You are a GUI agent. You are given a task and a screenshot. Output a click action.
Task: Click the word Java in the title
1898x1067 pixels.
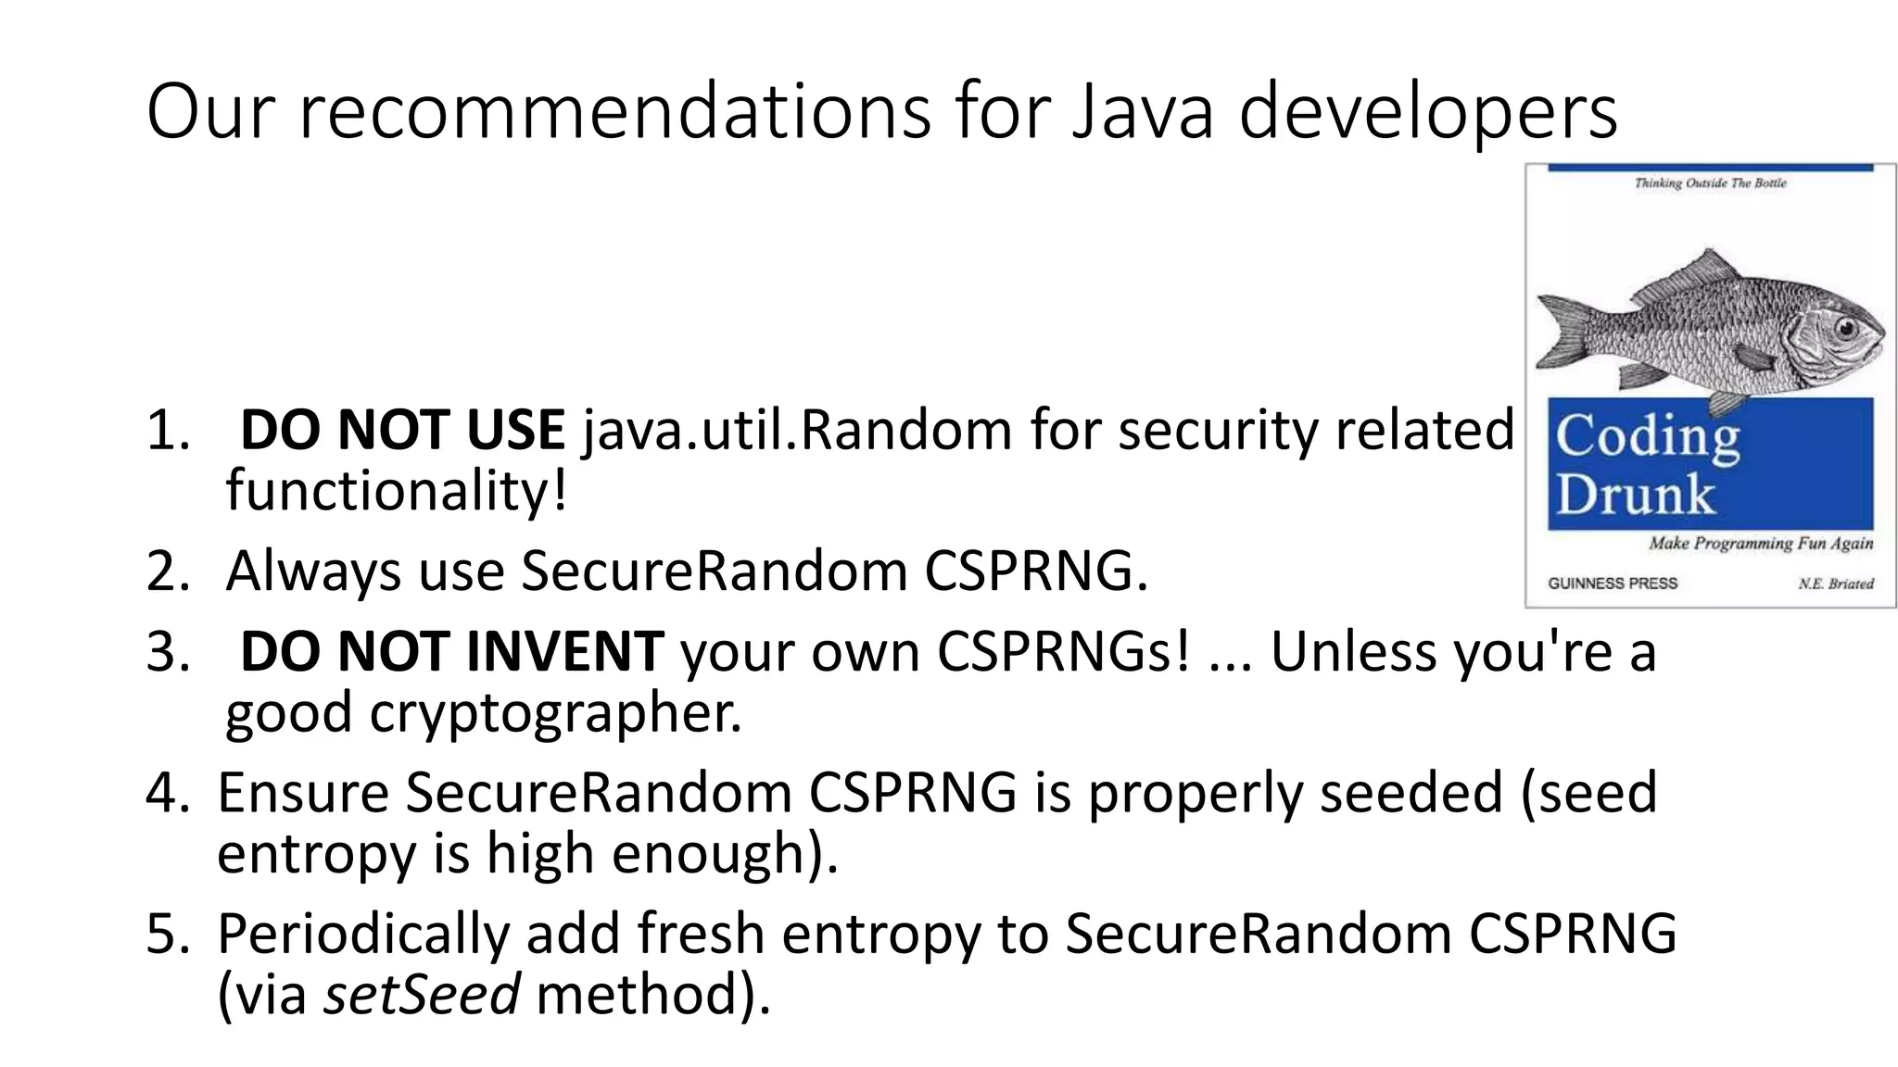click(1142, 112)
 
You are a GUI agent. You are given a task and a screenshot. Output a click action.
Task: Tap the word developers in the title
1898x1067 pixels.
click(1428, 112)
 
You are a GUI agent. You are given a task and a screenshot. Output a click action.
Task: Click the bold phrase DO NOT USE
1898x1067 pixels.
click(402, 430)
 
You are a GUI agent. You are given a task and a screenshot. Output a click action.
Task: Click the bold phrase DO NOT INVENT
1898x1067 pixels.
click(451, 651)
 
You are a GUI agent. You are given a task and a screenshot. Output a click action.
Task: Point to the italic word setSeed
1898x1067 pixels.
click(421, 993)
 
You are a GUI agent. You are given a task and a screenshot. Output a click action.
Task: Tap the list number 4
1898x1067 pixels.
click(168, 793)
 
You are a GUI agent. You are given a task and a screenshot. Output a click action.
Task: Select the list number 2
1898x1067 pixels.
click(168, 571)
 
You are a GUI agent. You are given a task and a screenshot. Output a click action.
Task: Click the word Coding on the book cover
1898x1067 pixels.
click(1647, 436)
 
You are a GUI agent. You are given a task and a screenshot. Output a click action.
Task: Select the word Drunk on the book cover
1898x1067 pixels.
click(1635, 495)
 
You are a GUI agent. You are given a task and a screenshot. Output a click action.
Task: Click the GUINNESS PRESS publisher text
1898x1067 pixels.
click(1612, 584)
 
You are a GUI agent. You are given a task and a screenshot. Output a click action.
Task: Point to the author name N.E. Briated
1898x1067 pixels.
click(1835, 584)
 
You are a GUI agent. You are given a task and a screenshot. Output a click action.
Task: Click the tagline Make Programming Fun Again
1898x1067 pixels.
click(1760, 544)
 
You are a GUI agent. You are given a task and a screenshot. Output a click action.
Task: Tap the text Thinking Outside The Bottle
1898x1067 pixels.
click(1710, 183)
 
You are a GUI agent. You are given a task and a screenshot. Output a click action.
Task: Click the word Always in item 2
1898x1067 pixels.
click(313, 571)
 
